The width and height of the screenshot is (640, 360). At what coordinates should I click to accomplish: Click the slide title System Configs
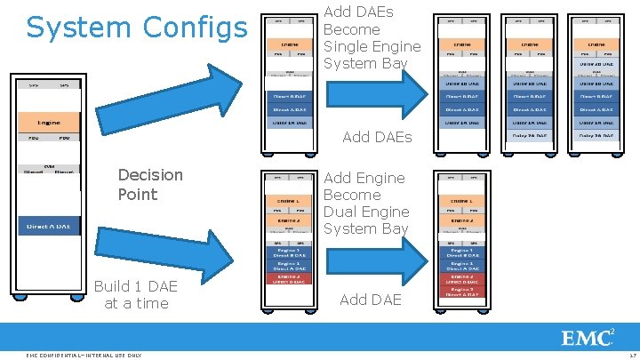coord(137,28)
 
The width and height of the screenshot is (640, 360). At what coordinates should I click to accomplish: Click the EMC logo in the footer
coord(588,338)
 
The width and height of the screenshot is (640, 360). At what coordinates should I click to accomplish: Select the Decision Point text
coord(150,185)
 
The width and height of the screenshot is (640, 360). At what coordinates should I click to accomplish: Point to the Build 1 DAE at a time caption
coord(135,294)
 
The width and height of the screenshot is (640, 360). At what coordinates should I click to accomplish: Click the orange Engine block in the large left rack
coord(50,122)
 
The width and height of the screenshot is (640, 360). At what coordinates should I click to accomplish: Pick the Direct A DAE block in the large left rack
coord(50,227)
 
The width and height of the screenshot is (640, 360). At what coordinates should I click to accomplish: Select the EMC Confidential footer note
coord(84,356)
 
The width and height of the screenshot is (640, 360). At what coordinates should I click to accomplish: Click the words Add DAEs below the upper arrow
coord(377,137)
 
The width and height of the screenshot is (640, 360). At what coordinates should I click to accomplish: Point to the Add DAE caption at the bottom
coord(371,300)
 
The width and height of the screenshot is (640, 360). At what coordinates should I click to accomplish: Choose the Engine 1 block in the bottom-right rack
coord(461,202)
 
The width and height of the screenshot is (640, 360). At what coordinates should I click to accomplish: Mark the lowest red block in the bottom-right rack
coord(461,291)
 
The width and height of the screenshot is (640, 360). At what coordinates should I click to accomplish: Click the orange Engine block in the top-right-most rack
coord(595,43)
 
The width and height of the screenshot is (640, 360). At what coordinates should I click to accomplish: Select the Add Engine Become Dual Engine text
coord(366,203)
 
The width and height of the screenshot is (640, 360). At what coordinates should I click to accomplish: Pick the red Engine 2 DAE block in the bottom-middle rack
coord(289,277)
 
